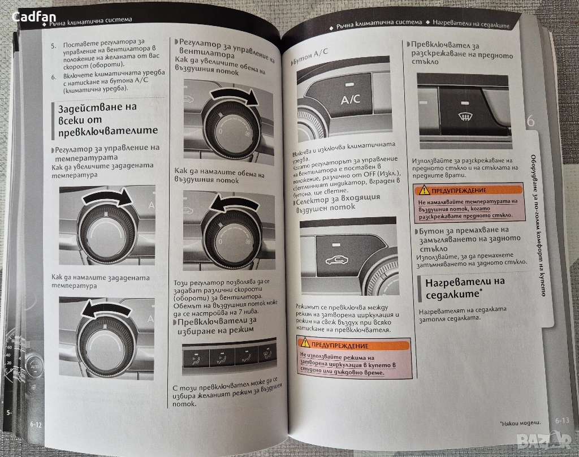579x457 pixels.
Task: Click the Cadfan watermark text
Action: coord(33,16)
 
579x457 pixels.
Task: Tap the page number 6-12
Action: coord(36,425)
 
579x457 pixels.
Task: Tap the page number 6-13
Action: coord(562,420)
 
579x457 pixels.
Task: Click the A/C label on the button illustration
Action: coord(350,100)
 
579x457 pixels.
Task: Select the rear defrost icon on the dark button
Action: coord(465,117)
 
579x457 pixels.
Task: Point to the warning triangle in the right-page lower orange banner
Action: coord(305,343)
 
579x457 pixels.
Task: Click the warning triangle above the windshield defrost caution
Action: coord(423,189)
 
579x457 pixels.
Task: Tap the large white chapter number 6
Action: coord(530,121)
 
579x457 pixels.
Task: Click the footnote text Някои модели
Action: coord(520,424)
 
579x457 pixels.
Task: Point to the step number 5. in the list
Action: coord(54,45)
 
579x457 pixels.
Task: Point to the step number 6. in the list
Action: coord(54,77)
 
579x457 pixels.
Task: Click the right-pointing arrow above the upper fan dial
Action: coord(234,97)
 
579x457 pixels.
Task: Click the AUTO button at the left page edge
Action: coord(34,367)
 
